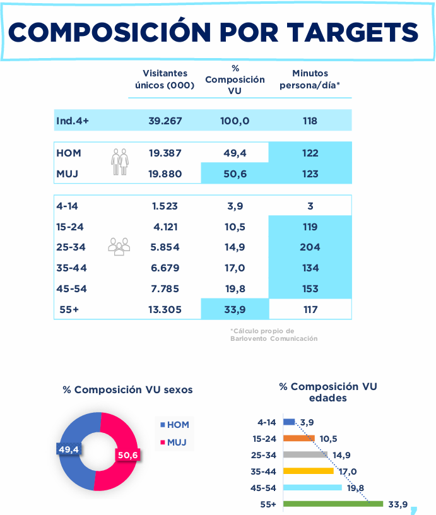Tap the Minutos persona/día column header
(x=310, y=80)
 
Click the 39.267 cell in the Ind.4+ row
(x=165, y=121)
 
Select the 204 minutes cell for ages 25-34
(x=310, y=247)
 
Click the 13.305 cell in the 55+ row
(x=165, y=309)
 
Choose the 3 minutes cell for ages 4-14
(x=310, y=206)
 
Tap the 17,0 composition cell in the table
(x=234, y=268)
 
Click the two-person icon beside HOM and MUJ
(x=119, y=162)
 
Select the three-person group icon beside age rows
(x=119, y=246)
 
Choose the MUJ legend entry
(x=175, y=442)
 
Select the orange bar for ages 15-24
(x=299, y=438)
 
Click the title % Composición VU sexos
(x=127, y=390)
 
